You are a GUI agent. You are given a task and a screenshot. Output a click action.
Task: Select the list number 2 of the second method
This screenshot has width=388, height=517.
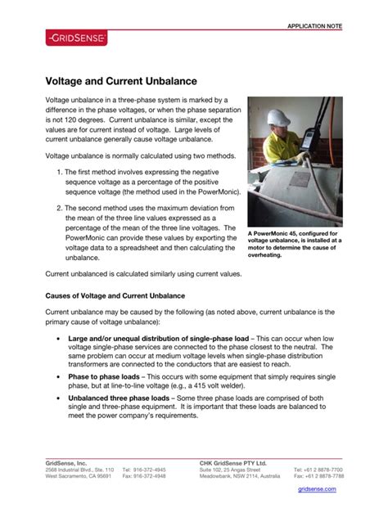click(61, 209)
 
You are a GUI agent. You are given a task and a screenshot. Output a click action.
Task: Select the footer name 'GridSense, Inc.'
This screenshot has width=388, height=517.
click(65, 463)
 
